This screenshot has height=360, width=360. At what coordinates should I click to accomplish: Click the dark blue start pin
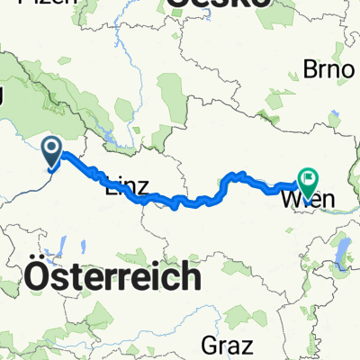click(x=51, y=151)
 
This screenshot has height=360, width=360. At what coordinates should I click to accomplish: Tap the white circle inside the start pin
click(x=51, y=147)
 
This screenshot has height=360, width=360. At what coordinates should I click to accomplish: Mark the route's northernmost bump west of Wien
click(x=238, y=174)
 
